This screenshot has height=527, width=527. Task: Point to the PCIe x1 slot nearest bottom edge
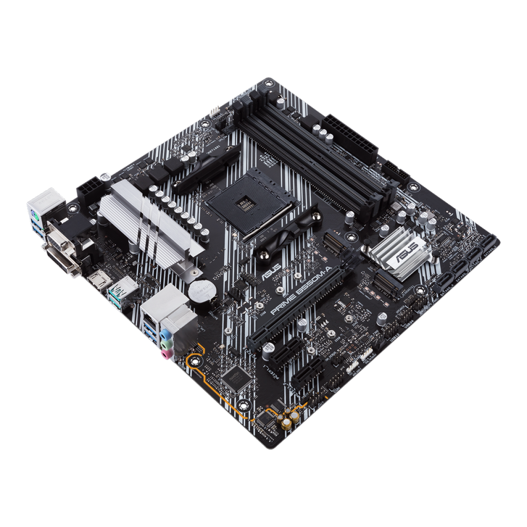click(307, 378)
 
